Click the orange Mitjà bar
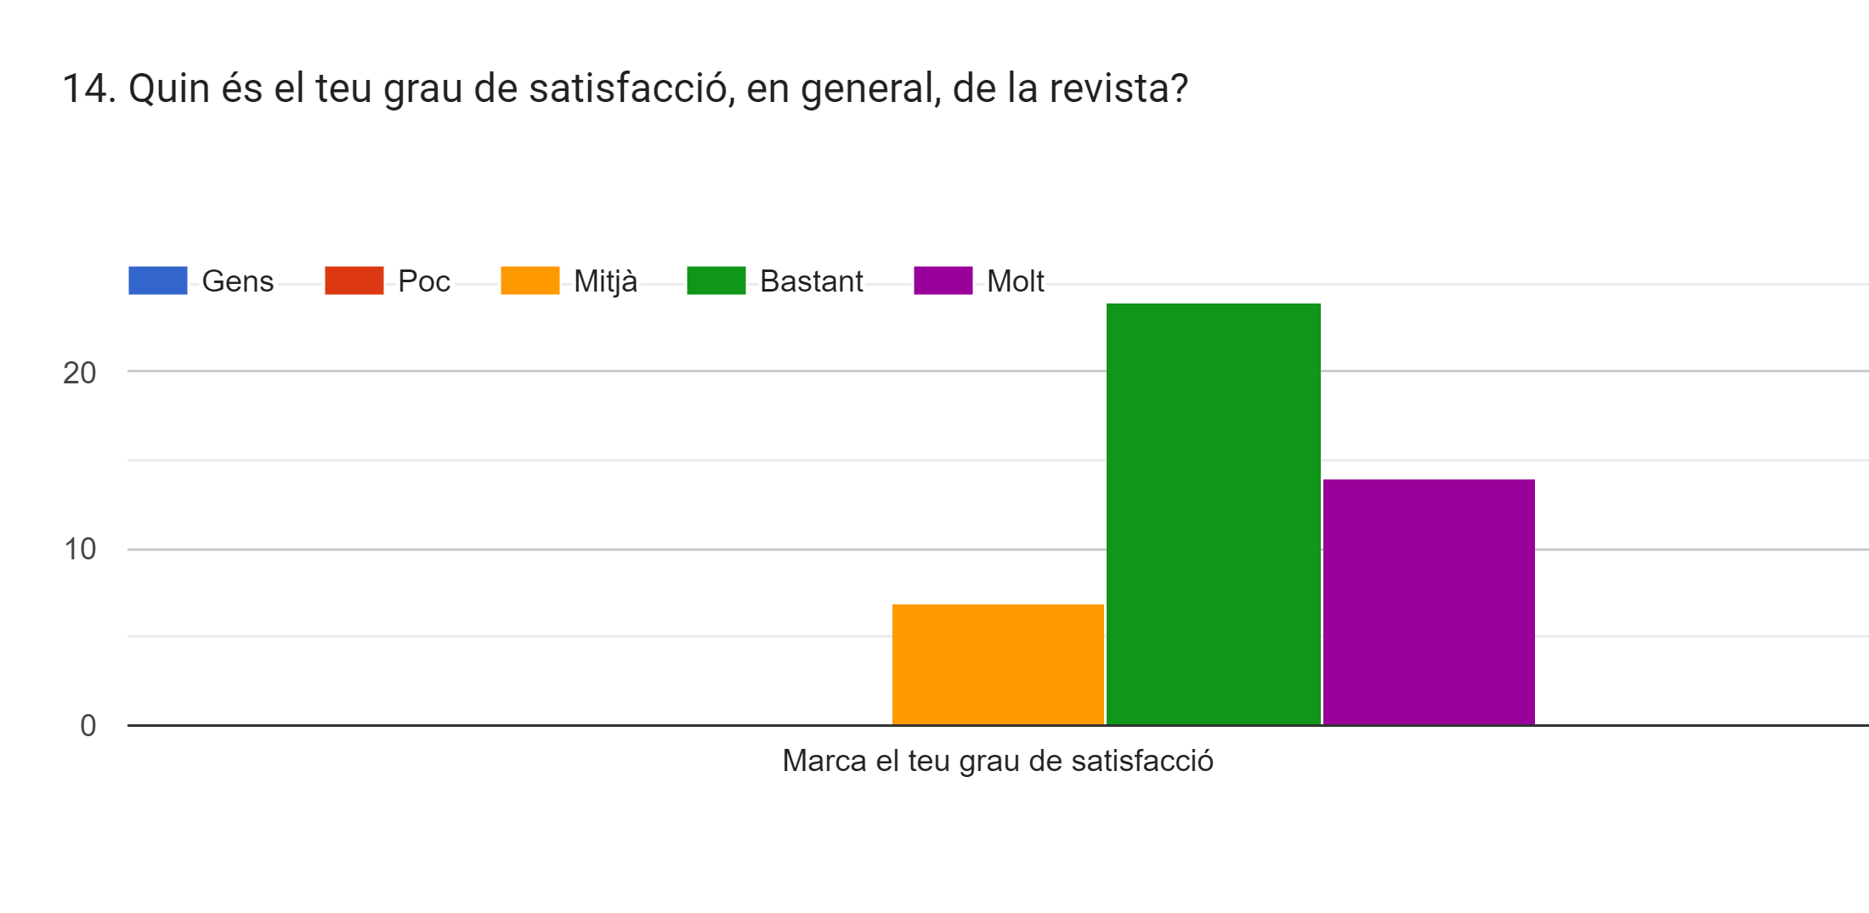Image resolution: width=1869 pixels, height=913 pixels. (x=998, y=664)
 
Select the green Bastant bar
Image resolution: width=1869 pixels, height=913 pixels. (x=1213, y=513)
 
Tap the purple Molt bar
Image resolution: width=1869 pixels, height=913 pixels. (x=1429, y=602)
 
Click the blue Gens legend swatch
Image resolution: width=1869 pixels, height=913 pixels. (x=157, y=281)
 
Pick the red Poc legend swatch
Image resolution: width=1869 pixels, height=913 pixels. (x=354, y=281)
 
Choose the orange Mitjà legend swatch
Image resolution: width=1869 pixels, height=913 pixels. (x=530, y=281)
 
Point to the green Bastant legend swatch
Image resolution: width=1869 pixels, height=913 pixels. (x=716, y=281)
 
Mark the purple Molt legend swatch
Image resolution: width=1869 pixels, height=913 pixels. (x=943, y=281)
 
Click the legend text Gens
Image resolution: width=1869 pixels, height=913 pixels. (x=237, y=281)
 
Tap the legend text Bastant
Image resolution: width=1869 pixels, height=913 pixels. (x=811, y=281)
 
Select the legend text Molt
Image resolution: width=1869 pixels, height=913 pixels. (x=1015, y=281)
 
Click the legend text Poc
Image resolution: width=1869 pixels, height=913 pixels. (x=423, y=281)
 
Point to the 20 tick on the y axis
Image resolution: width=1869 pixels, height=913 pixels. (x=79, y=372)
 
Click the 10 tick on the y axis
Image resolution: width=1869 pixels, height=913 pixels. (x=79, y=549)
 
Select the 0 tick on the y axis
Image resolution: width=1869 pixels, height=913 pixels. (x=88, y=726)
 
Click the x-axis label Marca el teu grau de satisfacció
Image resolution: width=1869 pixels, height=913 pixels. (x=997, y=761)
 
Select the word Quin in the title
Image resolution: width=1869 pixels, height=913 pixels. (x=168, y=88)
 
